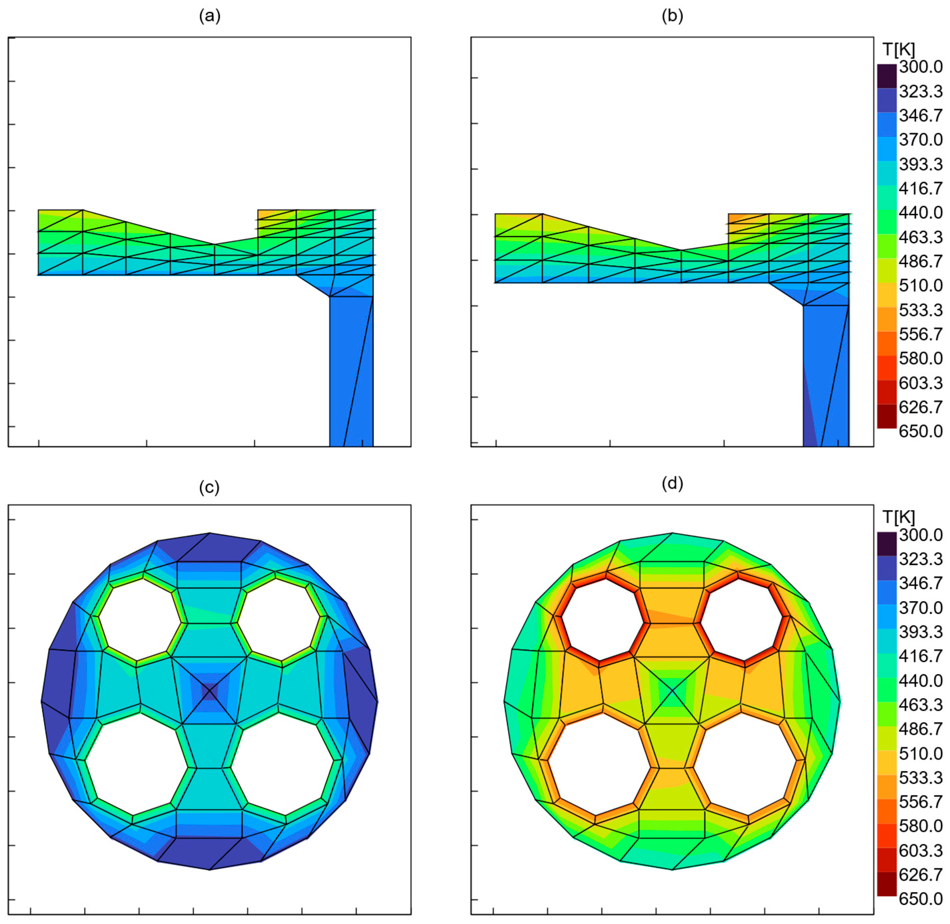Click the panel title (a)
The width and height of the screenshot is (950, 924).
click(210, 16)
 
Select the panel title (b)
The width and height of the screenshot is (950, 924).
click(672, 16)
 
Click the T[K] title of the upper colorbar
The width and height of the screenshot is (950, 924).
click(899, 49)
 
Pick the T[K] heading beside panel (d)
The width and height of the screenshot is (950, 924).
click(899, 517)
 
